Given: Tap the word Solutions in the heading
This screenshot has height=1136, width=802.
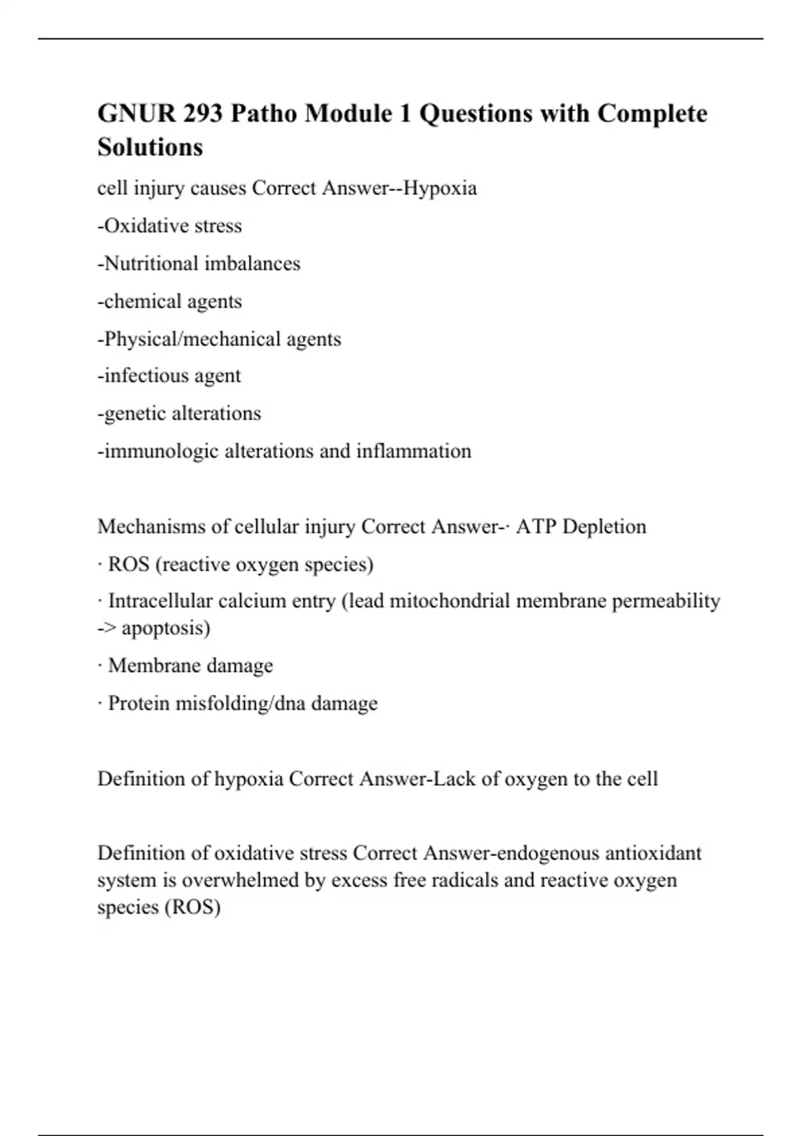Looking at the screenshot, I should coord(150,147).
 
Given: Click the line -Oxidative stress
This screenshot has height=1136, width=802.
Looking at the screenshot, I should coord(170,226).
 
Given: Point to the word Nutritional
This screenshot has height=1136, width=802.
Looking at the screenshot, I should coord(151,264).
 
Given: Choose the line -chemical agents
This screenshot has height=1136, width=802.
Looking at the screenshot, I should coord(170,301).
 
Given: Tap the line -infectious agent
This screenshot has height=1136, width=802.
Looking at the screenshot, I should coord(169,376).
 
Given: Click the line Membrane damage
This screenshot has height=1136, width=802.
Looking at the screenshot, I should coord(190,666).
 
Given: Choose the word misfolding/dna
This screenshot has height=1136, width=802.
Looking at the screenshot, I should coord(240,704).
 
